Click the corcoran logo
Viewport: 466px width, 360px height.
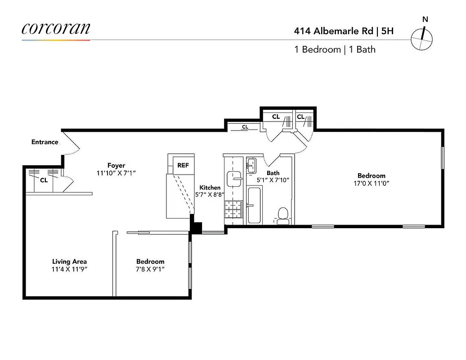coord(56,28)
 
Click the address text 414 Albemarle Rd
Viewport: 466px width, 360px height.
coord(334,31)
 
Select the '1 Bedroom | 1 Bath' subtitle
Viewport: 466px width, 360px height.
coord(335,49)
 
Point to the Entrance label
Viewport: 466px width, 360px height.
coord(45,142)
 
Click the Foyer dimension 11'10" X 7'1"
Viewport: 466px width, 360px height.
coord(116,173)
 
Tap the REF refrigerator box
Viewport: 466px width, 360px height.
coord(183,165)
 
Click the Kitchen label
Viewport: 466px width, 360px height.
coord(210,188)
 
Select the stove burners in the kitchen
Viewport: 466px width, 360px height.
coord(233,208)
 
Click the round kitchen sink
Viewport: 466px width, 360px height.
coord(234,178)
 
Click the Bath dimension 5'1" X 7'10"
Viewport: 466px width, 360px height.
coord(273,180)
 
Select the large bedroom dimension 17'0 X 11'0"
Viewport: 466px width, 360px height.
coord(371,184)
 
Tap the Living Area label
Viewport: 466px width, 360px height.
coord(69,261)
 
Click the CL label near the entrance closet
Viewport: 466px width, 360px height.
coord(44,180)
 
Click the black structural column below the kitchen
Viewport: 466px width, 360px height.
coord(196,227)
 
